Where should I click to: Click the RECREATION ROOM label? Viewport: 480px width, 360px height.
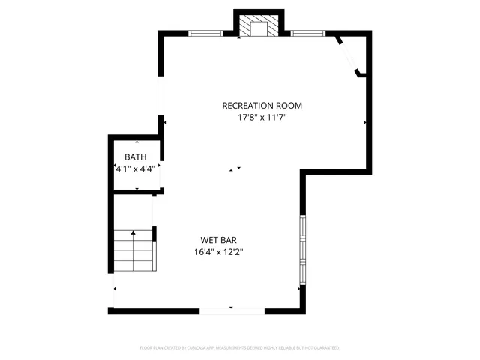262,106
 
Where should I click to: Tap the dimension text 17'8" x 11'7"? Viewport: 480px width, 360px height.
262,117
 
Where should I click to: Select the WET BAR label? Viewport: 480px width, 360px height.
218,241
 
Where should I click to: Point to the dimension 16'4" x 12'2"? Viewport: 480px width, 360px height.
218,252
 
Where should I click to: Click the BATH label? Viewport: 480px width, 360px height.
136,157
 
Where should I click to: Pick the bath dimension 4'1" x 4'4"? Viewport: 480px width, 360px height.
136,169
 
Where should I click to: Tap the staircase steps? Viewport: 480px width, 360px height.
133,251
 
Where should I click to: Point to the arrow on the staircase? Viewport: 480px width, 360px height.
133,233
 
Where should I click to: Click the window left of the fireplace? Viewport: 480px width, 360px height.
205,33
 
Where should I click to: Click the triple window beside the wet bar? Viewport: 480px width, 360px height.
302,250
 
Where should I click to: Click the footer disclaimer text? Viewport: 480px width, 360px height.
240,348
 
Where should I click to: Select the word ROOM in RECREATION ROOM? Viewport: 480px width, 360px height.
289,106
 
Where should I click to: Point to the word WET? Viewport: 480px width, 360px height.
208,241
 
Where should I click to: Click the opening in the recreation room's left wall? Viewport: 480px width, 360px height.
159,85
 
